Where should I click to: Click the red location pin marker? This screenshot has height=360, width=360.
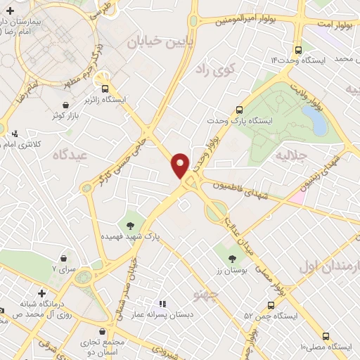[181, 165]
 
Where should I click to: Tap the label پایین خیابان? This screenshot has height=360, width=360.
[156, 41]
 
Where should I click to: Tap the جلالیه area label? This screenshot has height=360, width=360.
[291, 153]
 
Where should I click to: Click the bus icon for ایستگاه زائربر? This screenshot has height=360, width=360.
[105, 89]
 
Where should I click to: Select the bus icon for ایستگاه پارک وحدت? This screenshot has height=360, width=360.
[240, 110]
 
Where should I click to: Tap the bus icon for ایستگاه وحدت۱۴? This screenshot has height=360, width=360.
[299, 51]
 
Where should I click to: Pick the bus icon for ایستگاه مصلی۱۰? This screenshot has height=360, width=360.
[325, 337]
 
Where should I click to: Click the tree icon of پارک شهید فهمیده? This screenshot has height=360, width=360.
[130, 226]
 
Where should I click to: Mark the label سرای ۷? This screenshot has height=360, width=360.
[64, 269]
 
